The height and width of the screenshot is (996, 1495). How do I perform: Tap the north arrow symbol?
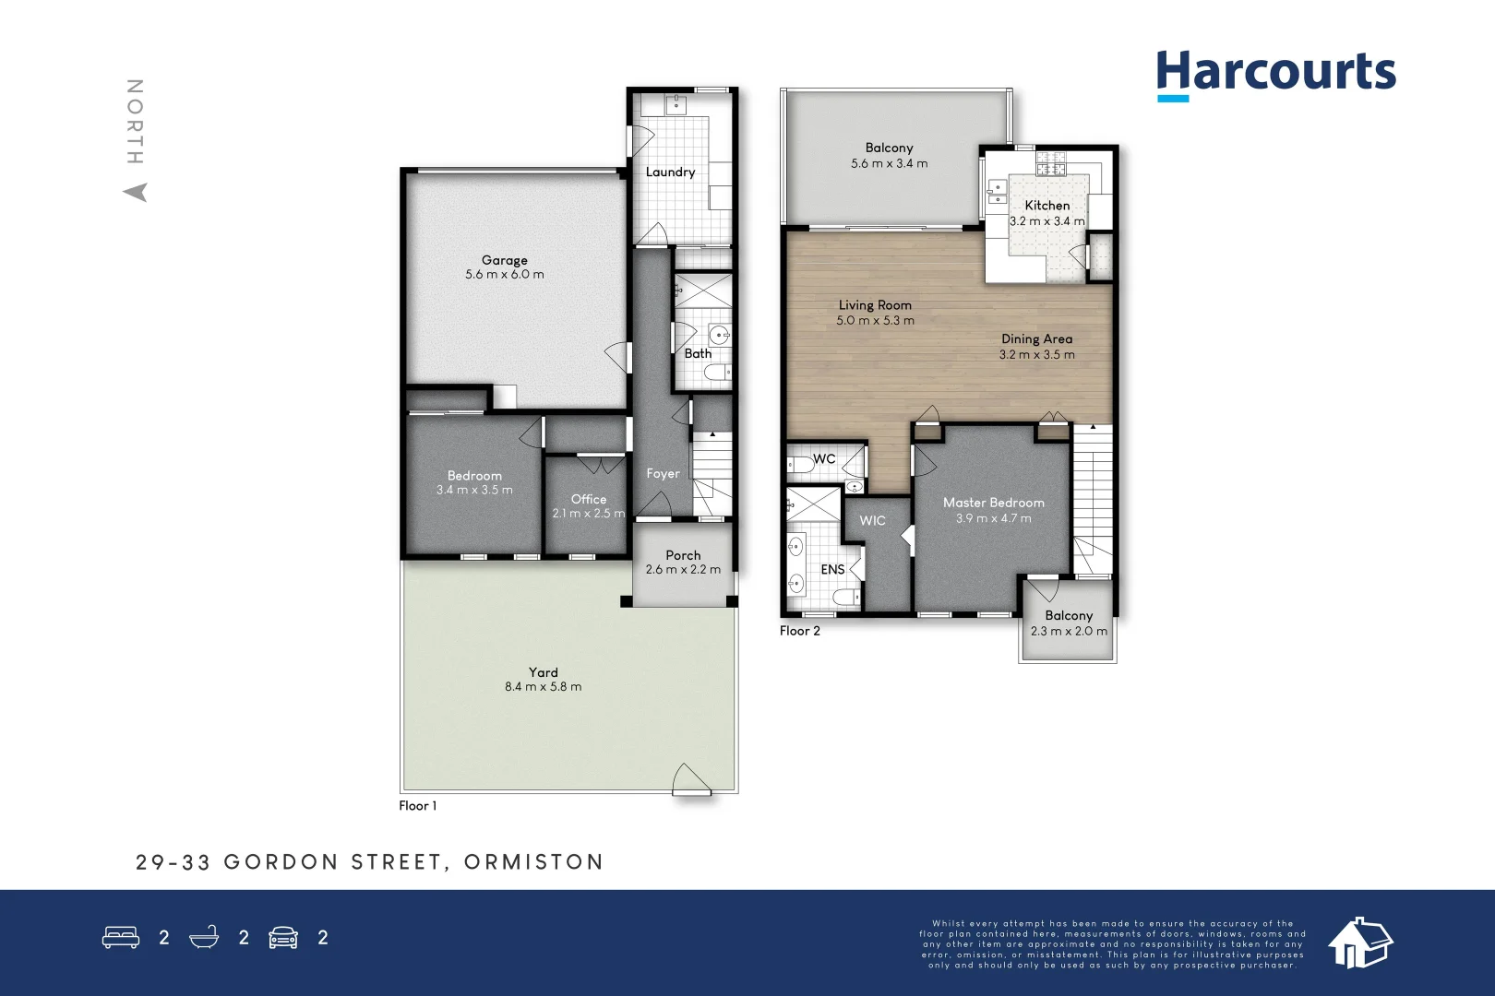(136, 192)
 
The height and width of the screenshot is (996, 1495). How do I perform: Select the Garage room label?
(504, 260)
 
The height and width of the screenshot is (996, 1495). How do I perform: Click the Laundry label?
(670, 172)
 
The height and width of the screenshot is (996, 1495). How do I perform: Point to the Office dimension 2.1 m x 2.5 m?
(588, 514)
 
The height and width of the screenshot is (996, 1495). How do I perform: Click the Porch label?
(683, 555)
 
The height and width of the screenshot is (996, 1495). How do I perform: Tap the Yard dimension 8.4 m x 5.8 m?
(543, 687)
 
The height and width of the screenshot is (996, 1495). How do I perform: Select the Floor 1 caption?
(417, 806)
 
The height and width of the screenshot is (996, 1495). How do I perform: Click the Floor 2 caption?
(799, 631)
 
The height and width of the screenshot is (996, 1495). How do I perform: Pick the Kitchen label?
(1046, 206)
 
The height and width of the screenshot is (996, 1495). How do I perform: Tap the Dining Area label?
(1036, 338)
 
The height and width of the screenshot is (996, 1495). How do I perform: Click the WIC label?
(872, 521)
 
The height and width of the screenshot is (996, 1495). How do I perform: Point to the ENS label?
(832, 570)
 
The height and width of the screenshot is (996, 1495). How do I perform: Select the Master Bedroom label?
(993, 503)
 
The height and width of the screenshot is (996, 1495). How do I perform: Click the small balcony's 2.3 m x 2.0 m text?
(1069, 632)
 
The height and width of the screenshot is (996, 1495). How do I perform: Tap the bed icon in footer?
(121, 938)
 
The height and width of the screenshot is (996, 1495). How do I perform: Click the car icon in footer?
(283, 938)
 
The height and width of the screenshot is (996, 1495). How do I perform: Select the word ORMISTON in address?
(533, 862)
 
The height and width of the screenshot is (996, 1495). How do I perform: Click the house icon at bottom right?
(1359, 943)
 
